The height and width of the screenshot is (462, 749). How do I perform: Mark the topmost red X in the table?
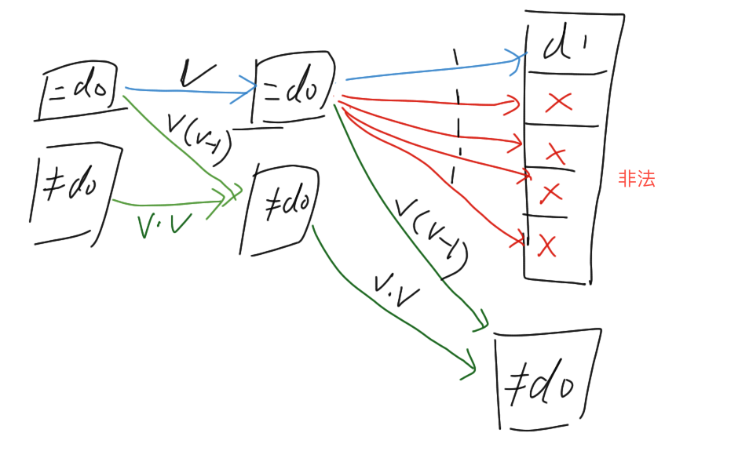pos(558,101)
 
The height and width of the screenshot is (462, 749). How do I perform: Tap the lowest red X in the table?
pos(547,246)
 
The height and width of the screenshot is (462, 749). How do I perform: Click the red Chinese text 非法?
pos(636,179)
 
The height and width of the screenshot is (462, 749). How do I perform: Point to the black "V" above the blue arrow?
pos(195,73)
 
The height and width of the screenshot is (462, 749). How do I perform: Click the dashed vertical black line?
pos(456,118)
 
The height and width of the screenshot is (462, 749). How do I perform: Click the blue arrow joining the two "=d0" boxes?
pos(188,91)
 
